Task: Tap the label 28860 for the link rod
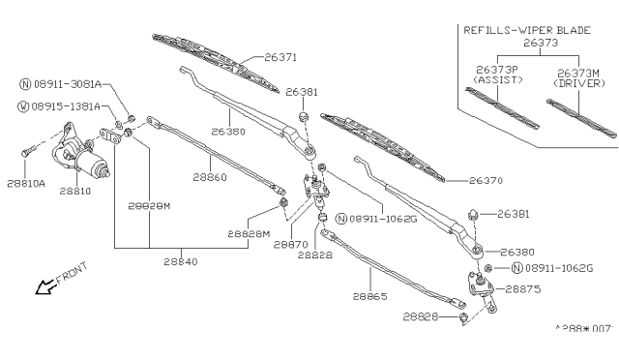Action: click(210, 177)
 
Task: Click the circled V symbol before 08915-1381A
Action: click(25, 105)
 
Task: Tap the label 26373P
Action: click(494, 70)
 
